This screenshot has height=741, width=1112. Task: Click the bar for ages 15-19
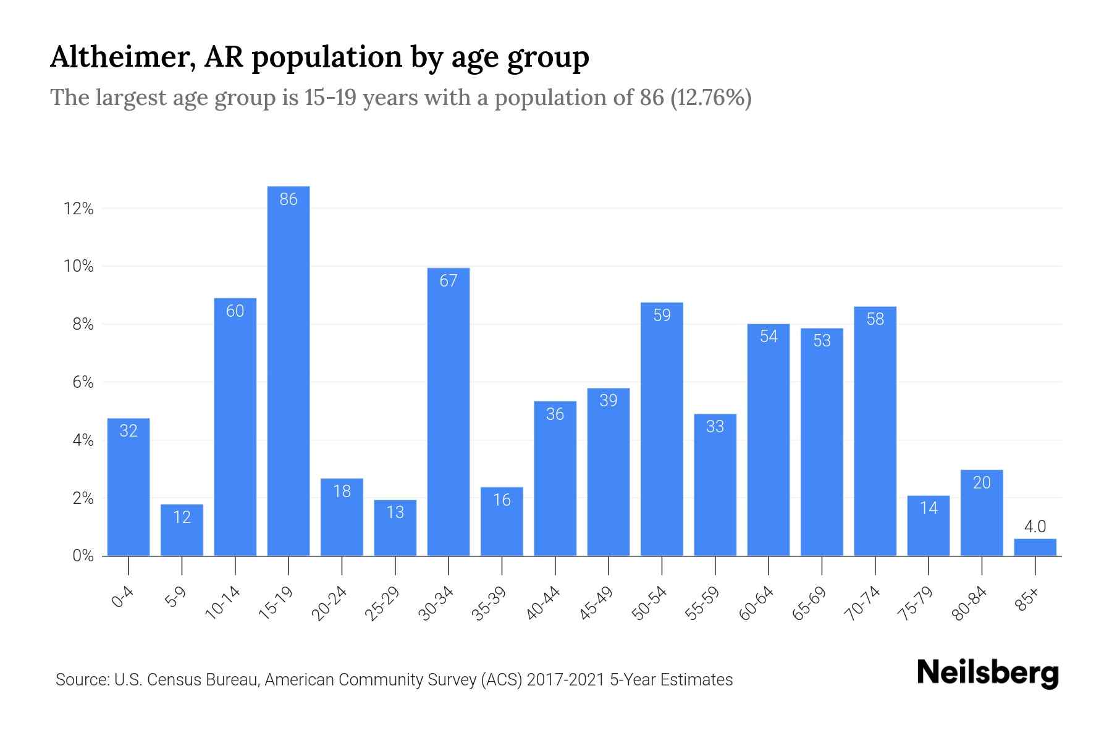289,371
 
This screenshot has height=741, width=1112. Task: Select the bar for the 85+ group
1035,548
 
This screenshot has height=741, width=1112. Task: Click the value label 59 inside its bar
662,316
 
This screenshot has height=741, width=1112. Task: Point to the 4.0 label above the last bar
1035,527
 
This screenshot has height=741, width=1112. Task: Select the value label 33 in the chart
715,427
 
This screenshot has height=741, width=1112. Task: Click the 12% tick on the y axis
78,209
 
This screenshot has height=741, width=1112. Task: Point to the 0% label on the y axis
83,556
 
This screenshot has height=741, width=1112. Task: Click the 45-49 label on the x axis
596,603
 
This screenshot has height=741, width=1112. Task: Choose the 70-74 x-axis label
863,603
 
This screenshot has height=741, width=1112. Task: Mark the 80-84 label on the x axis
970,603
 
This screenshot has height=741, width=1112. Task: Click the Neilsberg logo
987,673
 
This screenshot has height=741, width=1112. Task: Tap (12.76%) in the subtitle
710,98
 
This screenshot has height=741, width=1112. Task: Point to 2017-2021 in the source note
565,680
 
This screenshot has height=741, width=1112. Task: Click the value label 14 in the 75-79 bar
929,508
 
